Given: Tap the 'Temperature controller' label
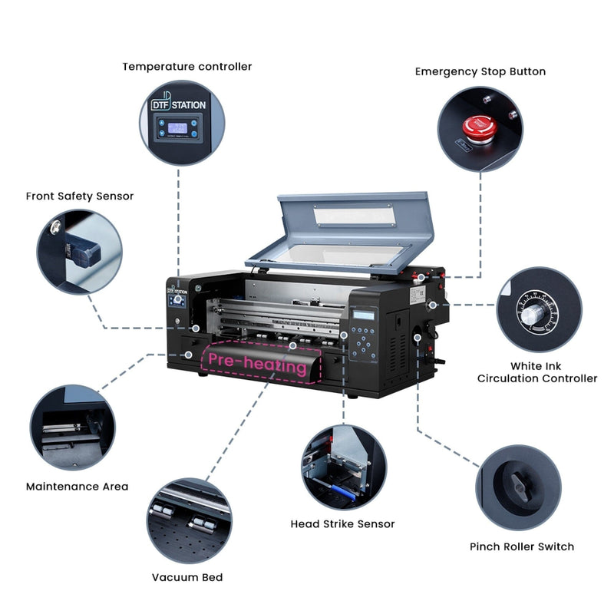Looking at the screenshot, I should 187,67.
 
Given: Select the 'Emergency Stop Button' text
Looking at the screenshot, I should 480,71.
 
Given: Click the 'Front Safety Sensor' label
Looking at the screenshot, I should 80,196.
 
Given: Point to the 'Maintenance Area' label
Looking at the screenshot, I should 77,486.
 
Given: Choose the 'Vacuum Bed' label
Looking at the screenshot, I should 187,577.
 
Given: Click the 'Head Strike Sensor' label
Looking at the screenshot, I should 342,523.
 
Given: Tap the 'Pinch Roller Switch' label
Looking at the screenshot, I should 522,546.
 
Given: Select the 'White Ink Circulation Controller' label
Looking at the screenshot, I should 536,372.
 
